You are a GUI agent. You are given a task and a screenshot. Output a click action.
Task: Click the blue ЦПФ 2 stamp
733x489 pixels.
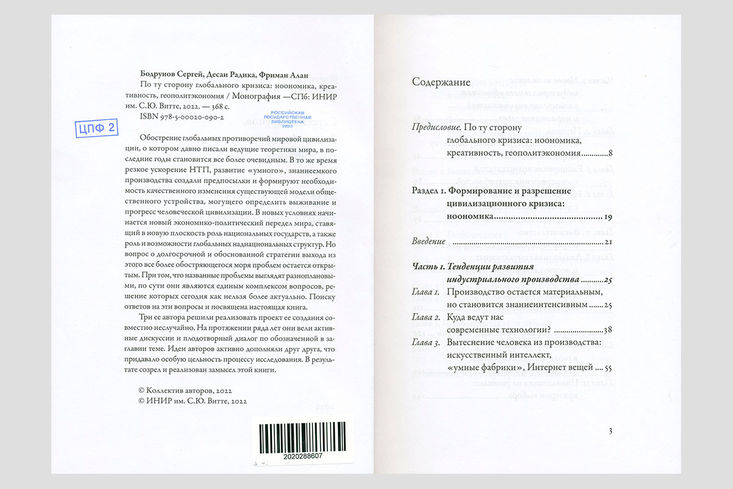[x=96, y=129]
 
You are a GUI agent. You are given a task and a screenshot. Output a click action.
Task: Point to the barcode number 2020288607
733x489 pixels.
[x=303, y=457]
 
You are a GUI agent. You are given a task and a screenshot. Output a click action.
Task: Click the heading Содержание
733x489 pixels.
[x=441, y=82]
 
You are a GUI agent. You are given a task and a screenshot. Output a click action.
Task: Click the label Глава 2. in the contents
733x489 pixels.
[x=426, y=318]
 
